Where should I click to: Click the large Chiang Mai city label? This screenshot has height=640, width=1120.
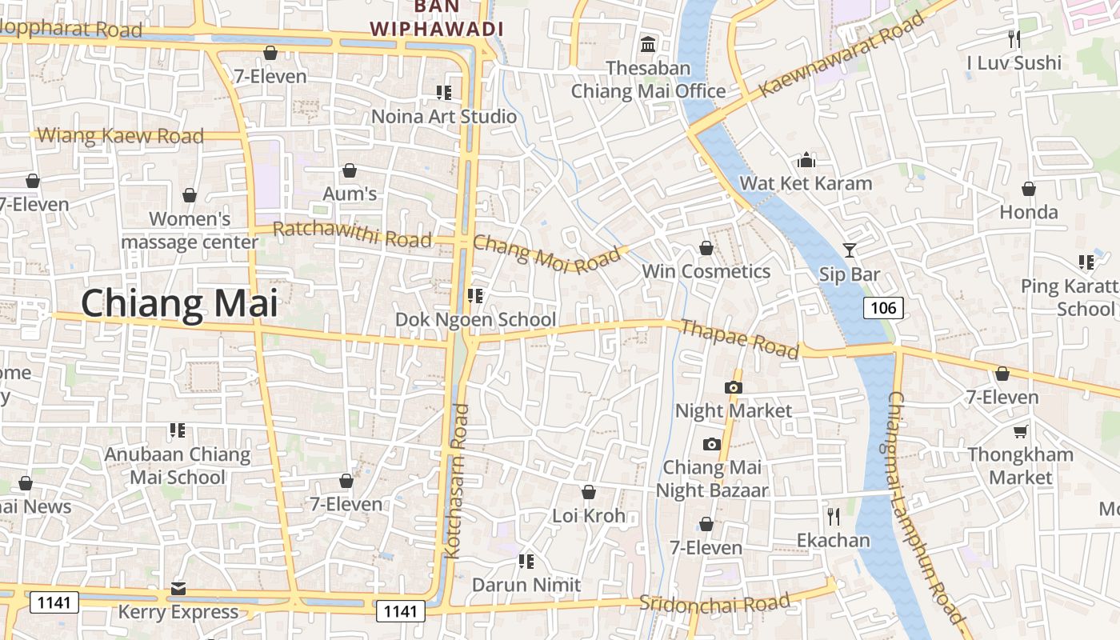click(x=179, y=305)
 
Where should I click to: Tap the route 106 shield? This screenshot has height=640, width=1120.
click(x=883, y=307)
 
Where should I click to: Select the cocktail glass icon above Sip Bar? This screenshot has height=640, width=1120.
click(x=849, y=250)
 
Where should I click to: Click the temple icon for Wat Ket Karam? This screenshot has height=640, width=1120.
click(x=806, y=160)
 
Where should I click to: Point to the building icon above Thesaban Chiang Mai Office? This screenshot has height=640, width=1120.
click(x=648, y=43)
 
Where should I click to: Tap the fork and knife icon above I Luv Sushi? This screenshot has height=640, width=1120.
click(x=1014, y=38)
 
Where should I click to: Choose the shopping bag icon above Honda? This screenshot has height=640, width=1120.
click(x=1029, y=189)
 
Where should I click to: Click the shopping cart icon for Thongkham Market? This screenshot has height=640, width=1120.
click(x=1020, y=432)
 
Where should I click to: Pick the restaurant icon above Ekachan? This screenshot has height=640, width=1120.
click(x=833, y=517)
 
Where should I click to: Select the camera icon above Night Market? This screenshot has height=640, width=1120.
click(x=733, y=388)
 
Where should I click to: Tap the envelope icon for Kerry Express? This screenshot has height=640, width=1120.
click(x=178, y=590)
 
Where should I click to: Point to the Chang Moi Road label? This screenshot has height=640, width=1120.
click(x=547, y=254)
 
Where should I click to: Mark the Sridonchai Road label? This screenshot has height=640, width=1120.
click(x=714, y=602)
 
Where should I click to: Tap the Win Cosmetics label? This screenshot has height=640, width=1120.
click(x=706, y=271)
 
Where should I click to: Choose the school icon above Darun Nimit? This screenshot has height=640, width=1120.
click(x=526, y=562)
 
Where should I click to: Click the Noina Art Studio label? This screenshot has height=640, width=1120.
click(x=444, y=117)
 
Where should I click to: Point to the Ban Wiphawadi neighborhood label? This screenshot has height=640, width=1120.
click(x=437, y=18)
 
